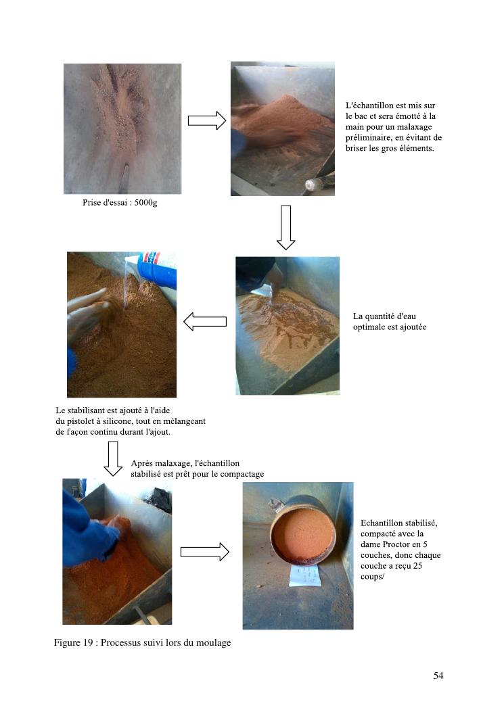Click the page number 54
pyautogui.click(x=438, y=675)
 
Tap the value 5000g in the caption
pyautogui.click(x=146, y=203)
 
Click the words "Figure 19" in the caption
pyautogui.click(x=73, y=642)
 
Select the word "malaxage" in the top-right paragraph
pyautogui.click(x=413, y=127)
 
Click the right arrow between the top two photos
pyautogui.click(x=207, y=121)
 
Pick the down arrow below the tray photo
pyautogui.click(x=286, y=227)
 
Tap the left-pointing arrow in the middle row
pyautogui.click(x=205, y=321)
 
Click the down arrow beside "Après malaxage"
pyautogui.click(x=113, y=458)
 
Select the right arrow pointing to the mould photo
pyautogui.click(x=205, y=552)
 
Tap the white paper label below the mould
pyautogui.click(x=305, y=576)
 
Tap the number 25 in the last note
pyautogui.click(x=417, y=566)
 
